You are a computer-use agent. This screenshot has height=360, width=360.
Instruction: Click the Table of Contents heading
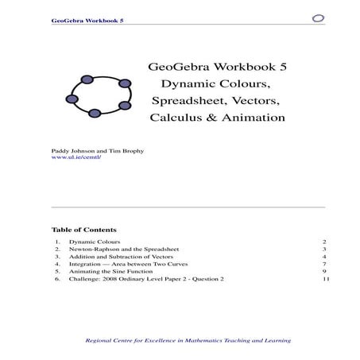(83, 229)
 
